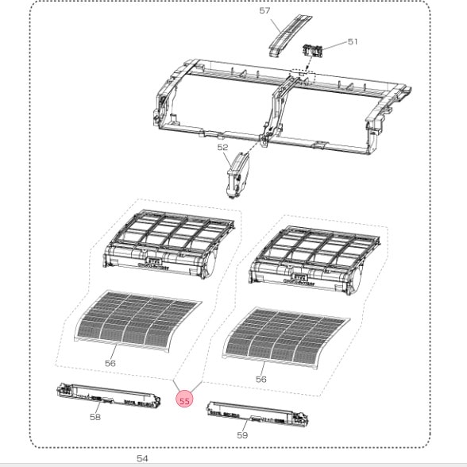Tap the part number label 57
pyautogui.click(x=264, y=11)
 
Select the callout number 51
pyautogui.click(x=353, y=41)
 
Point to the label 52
pyautogui.click(x=222, y=148)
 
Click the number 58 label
pyautogui.click(x=95, y=417)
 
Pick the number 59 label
pyautogui.click(x=242, y=435)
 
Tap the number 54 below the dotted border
pyautogui.click(x=142, y=458)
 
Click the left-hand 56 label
pyautogui.click(x=110, y=364)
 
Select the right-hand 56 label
pyautogui.click(x=261, y=379)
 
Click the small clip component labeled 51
pyautogui.click(x=313, y=51)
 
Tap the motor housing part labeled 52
pyautogui.click(x=238, y=175)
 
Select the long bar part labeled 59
pyautogui.click(x=257, y=413)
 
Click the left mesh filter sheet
pyautogui.click(x=138, y=321)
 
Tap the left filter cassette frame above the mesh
pyautogui.click(x=168, y=245)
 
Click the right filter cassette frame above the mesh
pyautogui.click(x=315, y=261)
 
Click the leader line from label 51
pyautogui.click(x=335, y=46)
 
